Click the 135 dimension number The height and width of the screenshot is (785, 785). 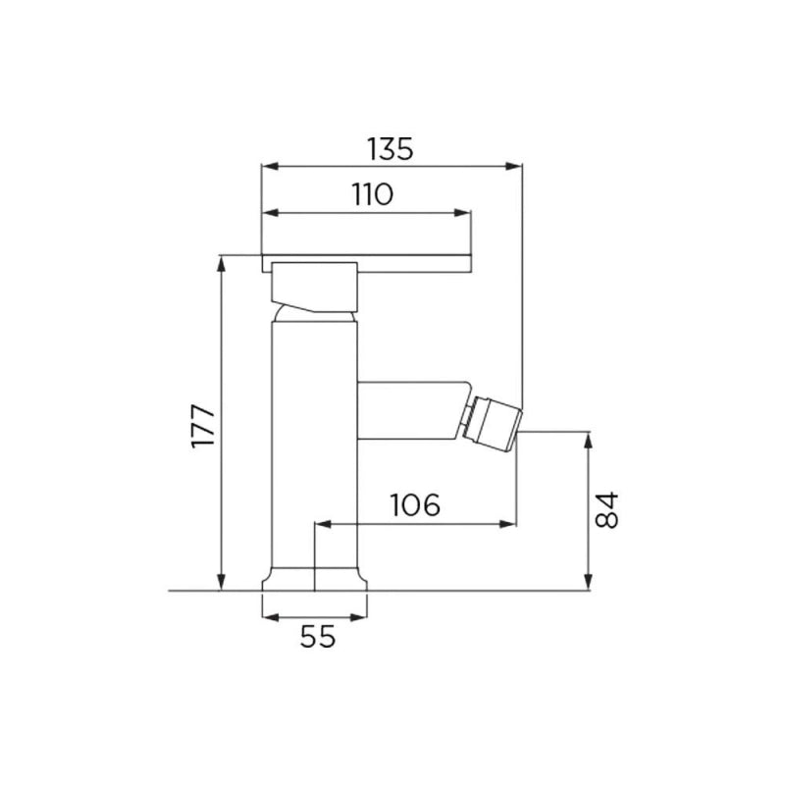(x=390, y=149)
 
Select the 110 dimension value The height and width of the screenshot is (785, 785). (x=373, y=194)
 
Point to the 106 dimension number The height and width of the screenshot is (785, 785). (x=415, y=504)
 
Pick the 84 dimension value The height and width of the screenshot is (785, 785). (x=606, y=509)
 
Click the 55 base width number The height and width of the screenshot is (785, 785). (x=317, y=637)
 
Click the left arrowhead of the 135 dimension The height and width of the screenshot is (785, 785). (x=270, y=166)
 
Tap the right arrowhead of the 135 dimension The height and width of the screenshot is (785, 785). (x=513, y=166)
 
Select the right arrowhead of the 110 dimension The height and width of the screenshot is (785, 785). (x=462, y=213)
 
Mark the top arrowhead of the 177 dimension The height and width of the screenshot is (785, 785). (x=221, y=264)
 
